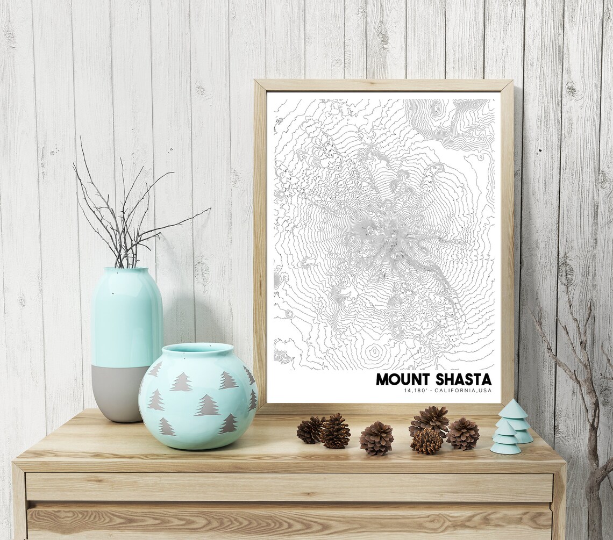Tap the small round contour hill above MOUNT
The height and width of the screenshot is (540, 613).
pos(375,352)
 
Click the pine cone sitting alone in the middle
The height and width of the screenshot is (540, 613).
pos(376,438)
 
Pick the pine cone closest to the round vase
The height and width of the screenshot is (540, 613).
pos(310,430)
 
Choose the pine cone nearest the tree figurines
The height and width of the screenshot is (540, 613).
pos(462,433)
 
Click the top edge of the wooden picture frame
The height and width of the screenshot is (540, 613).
pos(383,85)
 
